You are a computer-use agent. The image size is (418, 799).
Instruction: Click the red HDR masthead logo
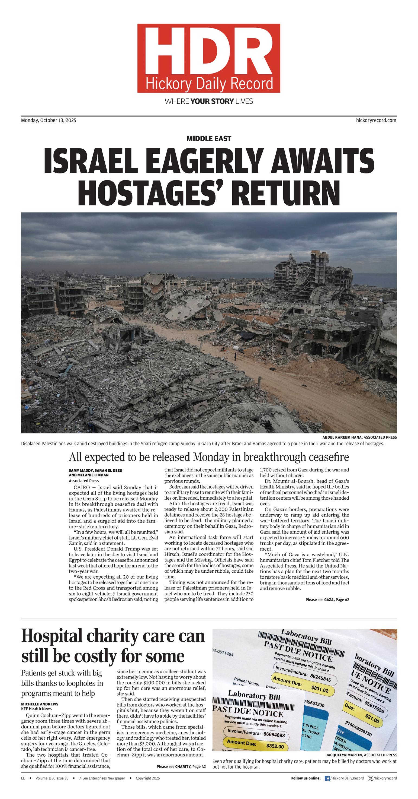pyautogui.click(x=208, y=58)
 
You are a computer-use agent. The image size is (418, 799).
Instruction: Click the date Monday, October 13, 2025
pyautogui.click(x=49, y=120)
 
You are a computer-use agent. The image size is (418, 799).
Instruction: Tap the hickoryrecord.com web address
pyautogui.click(x=376, y=120)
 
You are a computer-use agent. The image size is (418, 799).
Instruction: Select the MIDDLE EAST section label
pyautogui.click(x=208, y=138)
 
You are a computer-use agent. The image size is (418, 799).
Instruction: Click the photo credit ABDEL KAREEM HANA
pyautogui.click(x=342, y=437)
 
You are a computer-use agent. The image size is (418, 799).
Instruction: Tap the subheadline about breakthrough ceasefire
pyautogui.click(x=208, y=457)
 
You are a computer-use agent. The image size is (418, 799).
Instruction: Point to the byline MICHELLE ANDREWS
pyautogui.click(x=40, y=704)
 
